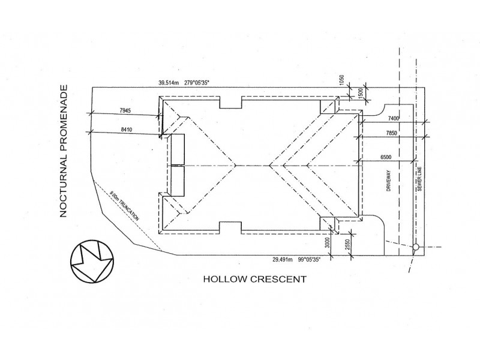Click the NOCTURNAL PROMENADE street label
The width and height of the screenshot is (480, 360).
pos(64,151)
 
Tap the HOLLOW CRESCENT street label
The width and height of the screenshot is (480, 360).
pos(254,279)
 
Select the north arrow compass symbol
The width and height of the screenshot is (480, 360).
pos(92,262)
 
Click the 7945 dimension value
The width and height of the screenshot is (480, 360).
pos(125,110)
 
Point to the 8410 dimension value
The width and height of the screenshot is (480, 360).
pos(127,130)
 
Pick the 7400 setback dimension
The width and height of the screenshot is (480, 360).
pos(394,118)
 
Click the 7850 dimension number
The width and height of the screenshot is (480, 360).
pos(392,133)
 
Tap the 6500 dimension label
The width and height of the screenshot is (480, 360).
pos(386,157)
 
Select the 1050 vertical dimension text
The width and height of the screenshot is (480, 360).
pos(342,80)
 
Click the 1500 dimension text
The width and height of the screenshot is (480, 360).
pos(360,93)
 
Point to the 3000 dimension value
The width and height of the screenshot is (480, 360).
pos(327,243)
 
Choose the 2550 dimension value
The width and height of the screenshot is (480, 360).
pos(347,244)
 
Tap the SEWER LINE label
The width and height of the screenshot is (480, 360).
pos(419,179)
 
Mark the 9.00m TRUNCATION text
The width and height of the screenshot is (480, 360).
pos(124,206)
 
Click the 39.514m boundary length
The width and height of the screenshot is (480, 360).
pos(168,82)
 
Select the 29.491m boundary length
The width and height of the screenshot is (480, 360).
pos(283,260)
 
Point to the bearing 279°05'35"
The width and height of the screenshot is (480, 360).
pos(197,82)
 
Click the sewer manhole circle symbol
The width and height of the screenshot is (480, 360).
pos(416,247)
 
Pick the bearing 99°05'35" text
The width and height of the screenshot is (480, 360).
pos(309,260)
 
